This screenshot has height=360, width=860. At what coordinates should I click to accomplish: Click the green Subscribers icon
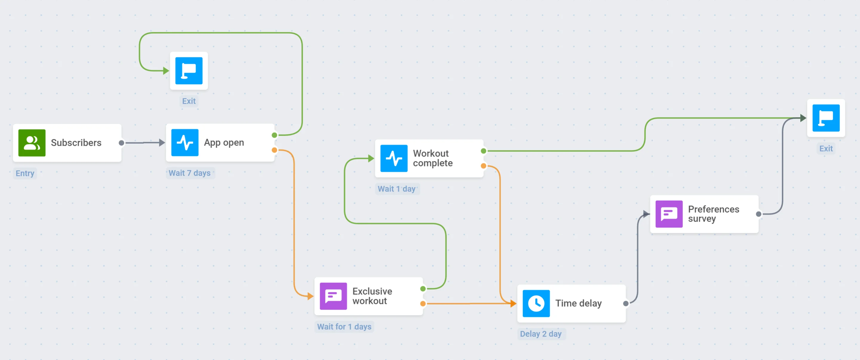[32, 143]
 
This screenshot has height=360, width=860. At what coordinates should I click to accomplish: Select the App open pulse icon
[185, 143]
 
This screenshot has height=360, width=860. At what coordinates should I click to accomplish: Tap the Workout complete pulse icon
[394, 158]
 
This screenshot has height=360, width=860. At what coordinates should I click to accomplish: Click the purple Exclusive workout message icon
[333, 296]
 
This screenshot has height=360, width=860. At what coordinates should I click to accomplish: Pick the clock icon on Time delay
[536, 303]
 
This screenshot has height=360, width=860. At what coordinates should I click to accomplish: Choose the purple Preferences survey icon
[669, 214]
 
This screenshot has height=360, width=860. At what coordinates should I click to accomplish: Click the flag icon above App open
[189, 71]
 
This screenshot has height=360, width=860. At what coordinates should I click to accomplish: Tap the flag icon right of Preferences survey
[826, 118]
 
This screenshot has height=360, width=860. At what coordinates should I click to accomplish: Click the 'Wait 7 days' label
[189, 173]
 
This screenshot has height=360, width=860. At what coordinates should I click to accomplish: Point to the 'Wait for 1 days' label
[344, 327]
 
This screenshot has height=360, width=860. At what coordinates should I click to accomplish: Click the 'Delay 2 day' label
[541, 334]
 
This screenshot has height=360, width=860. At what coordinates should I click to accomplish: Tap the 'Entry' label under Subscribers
[25, 173]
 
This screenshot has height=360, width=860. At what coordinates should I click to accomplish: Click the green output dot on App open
[274, 135]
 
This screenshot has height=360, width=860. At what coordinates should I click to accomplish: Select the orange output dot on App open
[274, 150]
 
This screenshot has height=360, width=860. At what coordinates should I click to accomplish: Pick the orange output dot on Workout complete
[484, 166]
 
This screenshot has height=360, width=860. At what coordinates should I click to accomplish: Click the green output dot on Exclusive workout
[423, 288]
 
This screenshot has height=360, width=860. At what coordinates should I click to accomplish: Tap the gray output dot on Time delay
[626, 304]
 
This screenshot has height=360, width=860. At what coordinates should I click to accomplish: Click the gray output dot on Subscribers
[121, 143]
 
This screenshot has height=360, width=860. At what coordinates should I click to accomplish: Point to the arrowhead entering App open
[162, 143]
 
